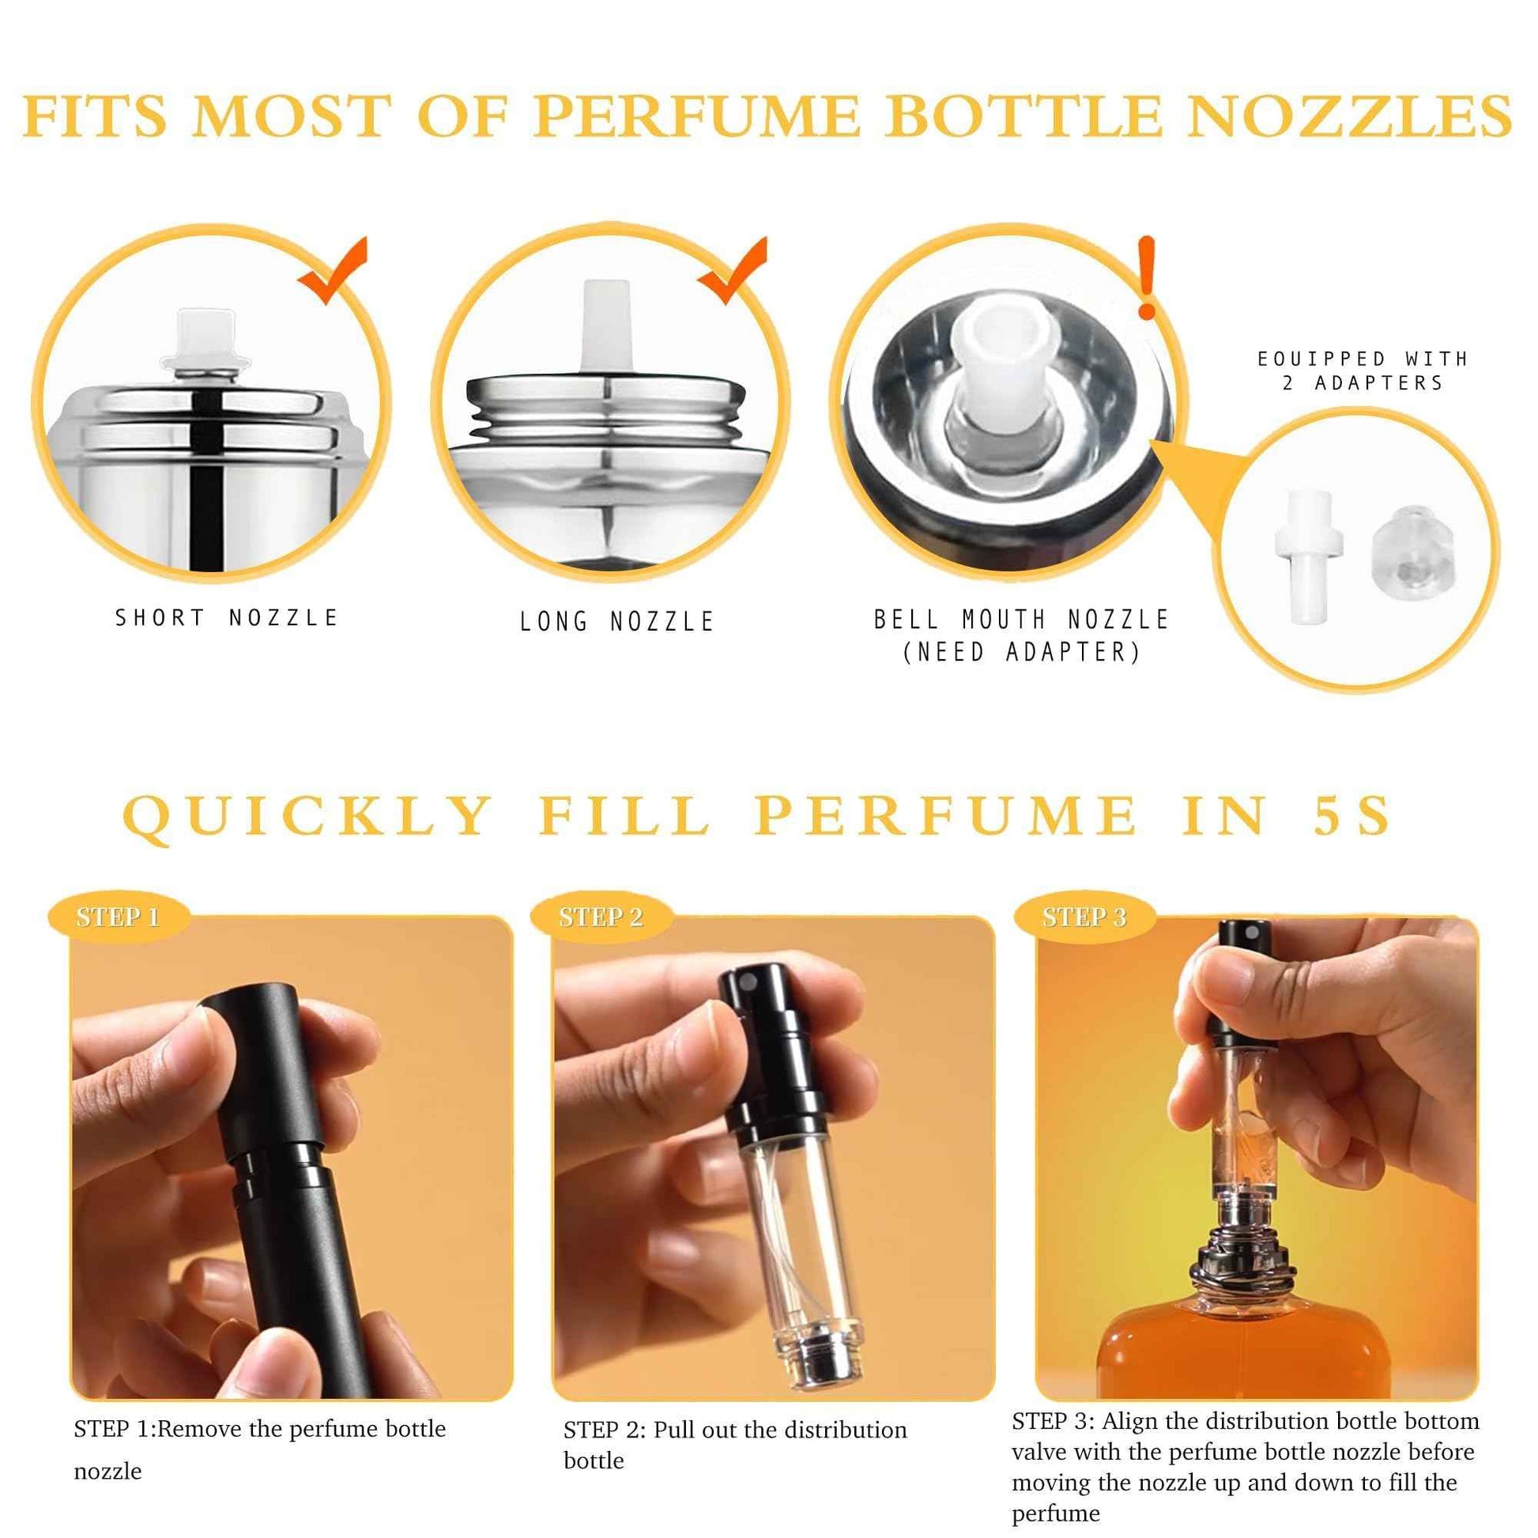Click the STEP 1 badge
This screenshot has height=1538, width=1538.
118,917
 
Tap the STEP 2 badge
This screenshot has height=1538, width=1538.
600,917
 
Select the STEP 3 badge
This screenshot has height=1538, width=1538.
1084,917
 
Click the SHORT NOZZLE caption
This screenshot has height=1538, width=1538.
227,618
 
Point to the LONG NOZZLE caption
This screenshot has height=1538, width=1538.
617,622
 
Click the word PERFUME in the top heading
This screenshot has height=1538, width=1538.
696,116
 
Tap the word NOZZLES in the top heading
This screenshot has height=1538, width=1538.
1348,116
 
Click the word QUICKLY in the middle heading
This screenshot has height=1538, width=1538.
307,816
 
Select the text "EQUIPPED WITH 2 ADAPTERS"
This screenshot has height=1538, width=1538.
1362,371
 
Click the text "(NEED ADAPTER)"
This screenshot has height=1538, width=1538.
1022,653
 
